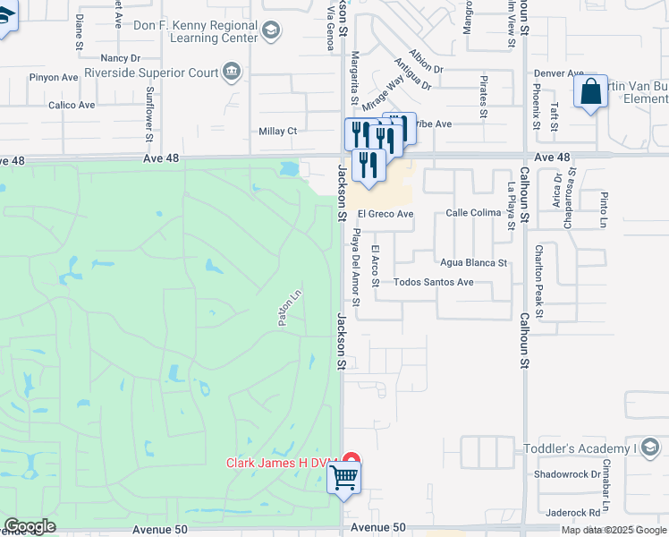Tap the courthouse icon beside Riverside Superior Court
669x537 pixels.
(x=233, y=72)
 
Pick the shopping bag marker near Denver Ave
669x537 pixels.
(x=591, y=91)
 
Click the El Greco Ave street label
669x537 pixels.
(x=385, y=215)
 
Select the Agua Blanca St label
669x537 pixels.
(x=473, y=263)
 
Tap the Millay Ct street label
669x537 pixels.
(x=277, y=132)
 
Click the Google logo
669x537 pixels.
(x=30, y=526)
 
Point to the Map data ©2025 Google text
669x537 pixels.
(x=613, y=530)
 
